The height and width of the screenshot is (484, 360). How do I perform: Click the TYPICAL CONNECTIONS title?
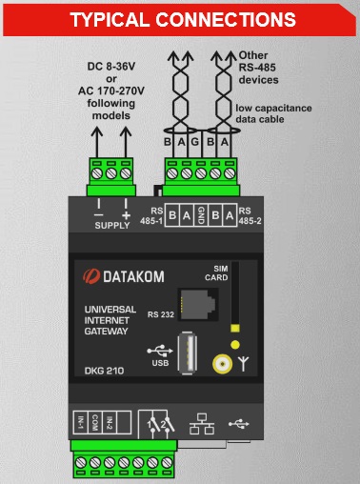click(180, 18)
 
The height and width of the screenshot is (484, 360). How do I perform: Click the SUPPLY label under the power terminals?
click(111, 226)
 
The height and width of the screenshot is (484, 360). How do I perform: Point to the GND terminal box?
click(201, 214)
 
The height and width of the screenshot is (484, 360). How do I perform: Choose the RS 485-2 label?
click(246, 214)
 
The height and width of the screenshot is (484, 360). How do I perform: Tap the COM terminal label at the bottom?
click(96, 420)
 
